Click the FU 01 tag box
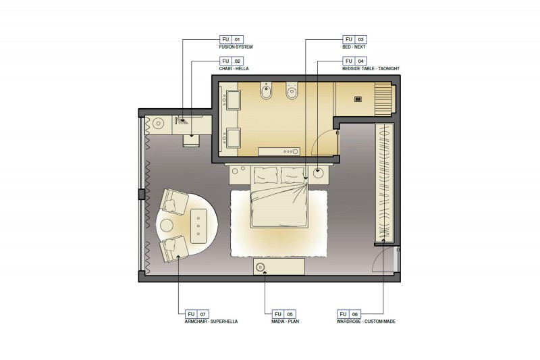point(232,39)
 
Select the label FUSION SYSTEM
point(236,47)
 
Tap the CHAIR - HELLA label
point(234,68)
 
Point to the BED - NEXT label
point(354,47)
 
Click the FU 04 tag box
point(355,61)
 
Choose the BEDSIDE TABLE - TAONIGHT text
point(371,68)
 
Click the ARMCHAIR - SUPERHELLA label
point(211,322)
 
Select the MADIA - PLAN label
point(285,322)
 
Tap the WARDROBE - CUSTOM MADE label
point(366,322)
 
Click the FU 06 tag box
point(349,314)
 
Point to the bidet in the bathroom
point(266,91)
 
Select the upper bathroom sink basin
point(232,100)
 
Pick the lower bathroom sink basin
point(232,138)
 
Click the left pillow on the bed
point(266,176)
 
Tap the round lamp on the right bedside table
point(318,173)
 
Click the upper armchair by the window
point(174,202)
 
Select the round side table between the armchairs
point(167,226)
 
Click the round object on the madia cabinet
point(260,267)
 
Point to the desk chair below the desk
point(191,141)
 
